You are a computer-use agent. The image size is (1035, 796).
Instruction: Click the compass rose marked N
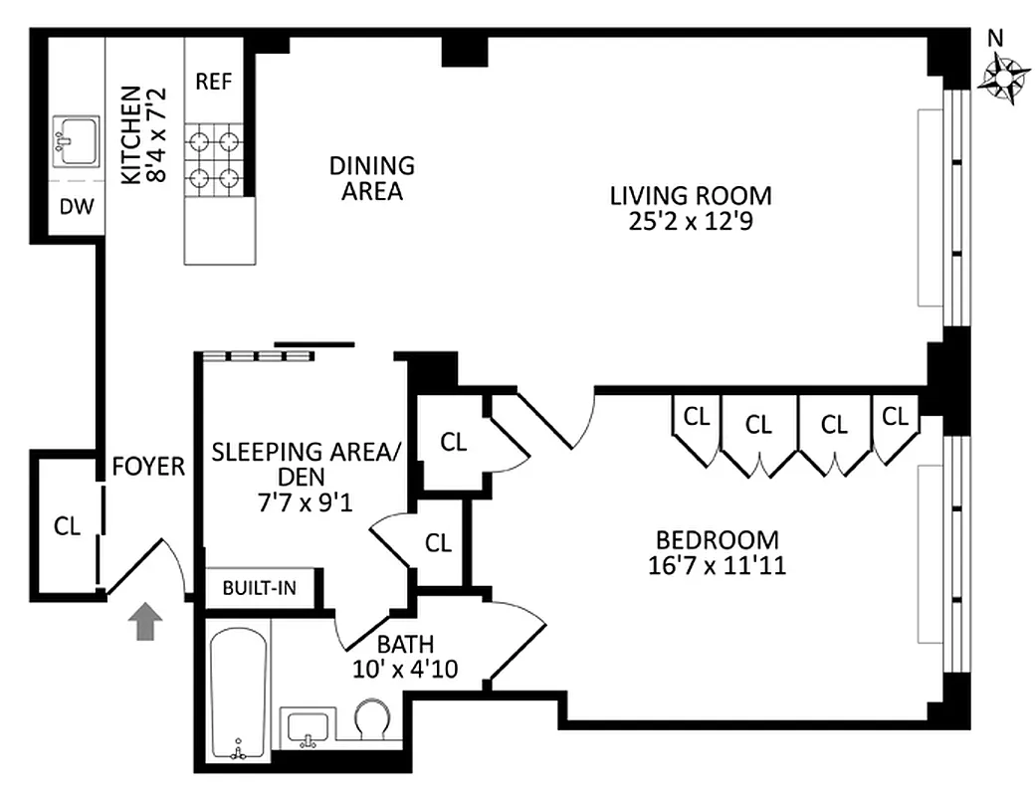pos(1006,78)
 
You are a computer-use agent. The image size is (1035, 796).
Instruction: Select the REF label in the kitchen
pos(213,82)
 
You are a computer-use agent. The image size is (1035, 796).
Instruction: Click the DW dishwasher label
pos(76,209)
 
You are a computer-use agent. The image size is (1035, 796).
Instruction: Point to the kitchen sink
pos(76,140)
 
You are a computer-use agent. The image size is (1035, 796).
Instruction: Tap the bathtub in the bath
pos(238,692)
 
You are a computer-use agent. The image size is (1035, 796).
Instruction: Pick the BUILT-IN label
pos(259,588)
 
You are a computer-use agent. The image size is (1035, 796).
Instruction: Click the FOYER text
pos(148,467)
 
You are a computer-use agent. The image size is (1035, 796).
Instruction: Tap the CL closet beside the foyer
pos(68,524)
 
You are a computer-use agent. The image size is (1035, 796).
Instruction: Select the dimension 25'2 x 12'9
pos(691,222)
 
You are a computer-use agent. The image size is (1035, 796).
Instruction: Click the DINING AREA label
pos(372,178)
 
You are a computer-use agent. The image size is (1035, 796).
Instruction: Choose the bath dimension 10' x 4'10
pos(404,670)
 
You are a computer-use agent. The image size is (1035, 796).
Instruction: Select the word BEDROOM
pos(717,540)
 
